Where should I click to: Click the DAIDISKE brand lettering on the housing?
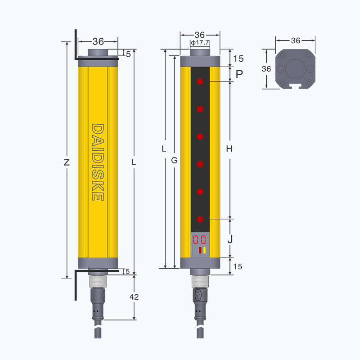pyautogui.click(x=98, y=162)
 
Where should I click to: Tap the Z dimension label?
pyautogui.click(x=67, y=162)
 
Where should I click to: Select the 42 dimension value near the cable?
pyautogui.click(x=134, y=297)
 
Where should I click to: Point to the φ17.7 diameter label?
pyautogui.click(x=200, y=43)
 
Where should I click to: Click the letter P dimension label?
pyautogui.click(x=239, y=74)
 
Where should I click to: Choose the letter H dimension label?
pyautogui.click(x=229, y=149)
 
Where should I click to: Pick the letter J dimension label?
pyautogui.click(x=230, y=239)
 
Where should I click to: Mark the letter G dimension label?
pyautogui.click(x=174, y=160)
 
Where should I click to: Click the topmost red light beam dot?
pyautogui.click(x=200, y=81)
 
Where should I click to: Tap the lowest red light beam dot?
pyautogui.click(x=200, y=219)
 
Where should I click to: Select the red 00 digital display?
pyautogui.click(x=199, y=240)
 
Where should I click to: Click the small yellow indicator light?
pyautogui.click(x=204, y=250)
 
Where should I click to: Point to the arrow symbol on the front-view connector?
pyautogui.click(x=198, y=295)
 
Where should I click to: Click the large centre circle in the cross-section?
pyautogui.click(x=296, y=69)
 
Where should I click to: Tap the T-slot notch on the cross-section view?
pyautogui.click(x=295, y=86)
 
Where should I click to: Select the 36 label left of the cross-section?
pyautogui.click(x=266, y=69)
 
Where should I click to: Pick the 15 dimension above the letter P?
pyautogui.click(x=238, y=58)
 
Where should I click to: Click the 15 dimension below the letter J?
pyautogui.click(x=238, y=266)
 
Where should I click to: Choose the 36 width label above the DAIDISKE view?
pyautogui.click(x=98, y=41)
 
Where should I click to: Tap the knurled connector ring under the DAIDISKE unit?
pyautogui.click(x=98, y=281)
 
